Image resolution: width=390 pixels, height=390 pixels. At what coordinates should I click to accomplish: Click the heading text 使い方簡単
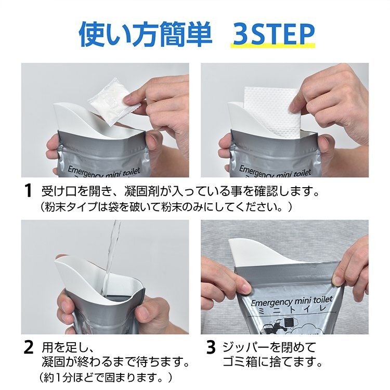tap(145, 34)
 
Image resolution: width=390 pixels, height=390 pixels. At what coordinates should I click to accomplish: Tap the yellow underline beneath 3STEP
tap(272, 46)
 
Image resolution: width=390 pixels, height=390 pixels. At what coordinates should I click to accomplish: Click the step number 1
tap(29, 191)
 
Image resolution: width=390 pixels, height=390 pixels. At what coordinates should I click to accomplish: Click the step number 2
tap(29, 347)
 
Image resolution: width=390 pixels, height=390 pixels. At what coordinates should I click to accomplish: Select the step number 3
tap(211, 347)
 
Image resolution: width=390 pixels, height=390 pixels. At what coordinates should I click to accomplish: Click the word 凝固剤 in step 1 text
tap(140, 191)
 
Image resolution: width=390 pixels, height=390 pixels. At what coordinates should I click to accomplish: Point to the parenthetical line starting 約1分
tap(106, 378)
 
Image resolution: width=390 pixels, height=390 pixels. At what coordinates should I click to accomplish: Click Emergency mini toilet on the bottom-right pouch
tap(292, 301)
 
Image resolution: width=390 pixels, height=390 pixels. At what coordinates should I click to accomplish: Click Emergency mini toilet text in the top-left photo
tap(104, 172)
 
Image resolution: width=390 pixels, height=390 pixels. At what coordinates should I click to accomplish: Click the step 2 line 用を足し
tap(68, 347)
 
